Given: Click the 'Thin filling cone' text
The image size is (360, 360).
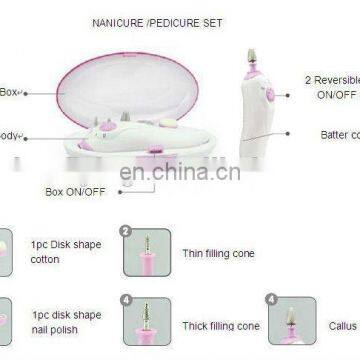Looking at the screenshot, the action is pos(219,253).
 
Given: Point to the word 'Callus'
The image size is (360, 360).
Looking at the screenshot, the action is pos(343,325).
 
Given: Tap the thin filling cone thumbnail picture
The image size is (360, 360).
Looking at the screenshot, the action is pos(147,253).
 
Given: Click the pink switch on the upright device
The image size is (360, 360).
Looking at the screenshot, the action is pos(269,95).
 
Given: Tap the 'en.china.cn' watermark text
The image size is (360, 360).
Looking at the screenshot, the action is pos(179,171).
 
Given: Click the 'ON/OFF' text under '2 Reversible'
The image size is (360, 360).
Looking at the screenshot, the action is pos(336,93).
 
